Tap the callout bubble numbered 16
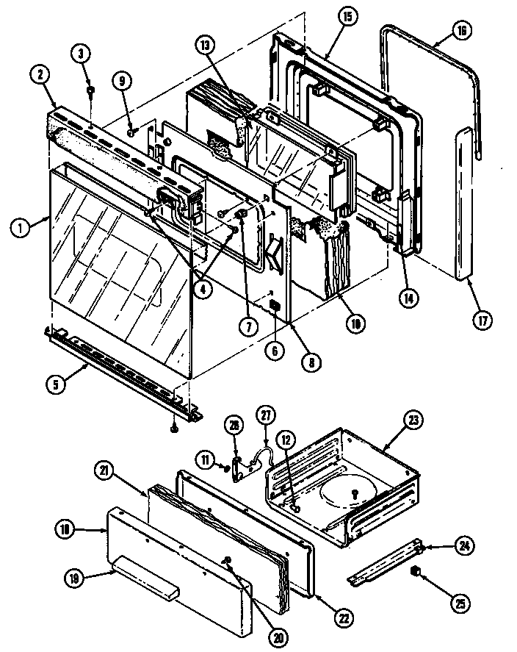click(461, 32)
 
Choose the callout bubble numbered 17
click(482, 320)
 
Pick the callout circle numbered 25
click(459, 605)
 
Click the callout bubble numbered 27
click(264, 416)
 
